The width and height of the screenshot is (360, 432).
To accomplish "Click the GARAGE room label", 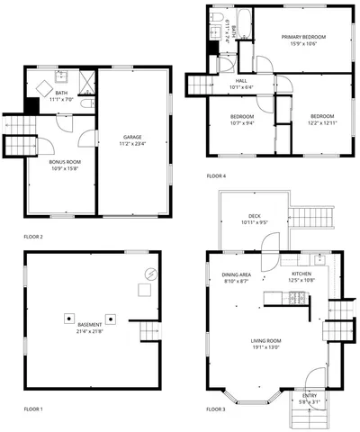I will click(x=132, y=138).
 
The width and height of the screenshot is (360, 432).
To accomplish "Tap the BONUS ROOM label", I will click(x=64, y=161).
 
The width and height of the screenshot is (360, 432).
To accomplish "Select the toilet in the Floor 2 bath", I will click(x=82, y=104).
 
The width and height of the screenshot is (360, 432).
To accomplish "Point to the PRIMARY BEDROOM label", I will click(x=302, y=37).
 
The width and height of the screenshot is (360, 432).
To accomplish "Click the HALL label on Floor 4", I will click(x=216, y=81).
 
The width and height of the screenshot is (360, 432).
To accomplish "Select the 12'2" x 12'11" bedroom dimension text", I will click(x=322, y=122).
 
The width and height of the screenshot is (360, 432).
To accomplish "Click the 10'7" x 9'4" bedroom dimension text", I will click(x=240, y=122).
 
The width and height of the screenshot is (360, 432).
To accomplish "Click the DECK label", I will click(x=255, y=216).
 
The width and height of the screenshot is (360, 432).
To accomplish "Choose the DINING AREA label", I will click(x=237, y=275).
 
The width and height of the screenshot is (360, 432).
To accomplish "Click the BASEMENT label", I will click(x=90, y=324).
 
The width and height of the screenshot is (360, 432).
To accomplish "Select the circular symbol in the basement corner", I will click(x=150, y=274).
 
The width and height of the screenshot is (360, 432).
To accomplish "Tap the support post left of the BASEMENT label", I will click(x=67, y=318).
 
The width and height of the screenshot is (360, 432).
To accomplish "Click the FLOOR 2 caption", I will click(x=32, y=236).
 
